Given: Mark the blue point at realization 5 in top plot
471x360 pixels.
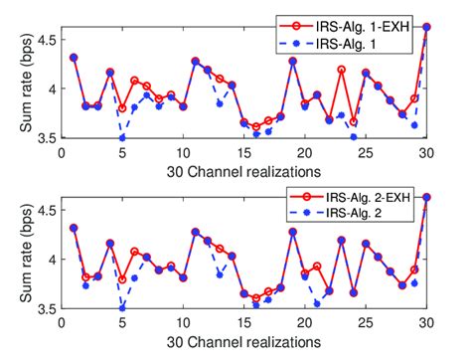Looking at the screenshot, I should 122,136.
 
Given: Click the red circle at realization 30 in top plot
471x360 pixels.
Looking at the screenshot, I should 426,27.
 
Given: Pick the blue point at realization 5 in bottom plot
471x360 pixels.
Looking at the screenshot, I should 122,308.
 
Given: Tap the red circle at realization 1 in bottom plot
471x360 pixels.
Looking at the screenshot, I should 74,228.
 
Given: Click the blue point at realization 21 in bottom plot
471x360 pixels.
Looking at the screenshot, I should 317,303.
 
